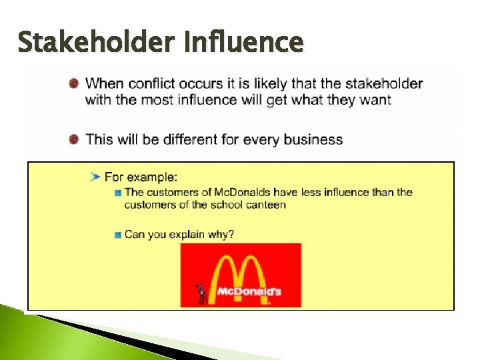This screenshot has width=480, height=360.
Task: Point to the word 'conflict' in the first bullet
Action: tap(153, 84)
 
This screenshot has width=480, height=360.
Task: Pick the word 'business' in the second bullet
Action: tap(313, 140)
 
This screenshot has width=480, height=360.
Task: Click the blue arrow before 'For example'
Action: tap(95, 177)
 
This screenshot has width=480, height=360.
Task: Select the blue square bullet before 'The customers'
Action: tap(118, 193)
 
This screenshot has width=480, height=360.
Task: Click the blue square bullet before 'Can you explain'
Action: tap(118, 235)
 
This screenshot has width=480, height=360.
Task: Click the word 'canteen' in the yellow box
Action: tap(266, 205)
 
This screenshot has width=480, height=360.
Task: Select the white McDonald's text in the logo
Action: tap(249, 291)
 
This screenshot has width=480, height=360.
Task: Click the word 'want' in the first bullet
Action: tap(376, 100)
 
